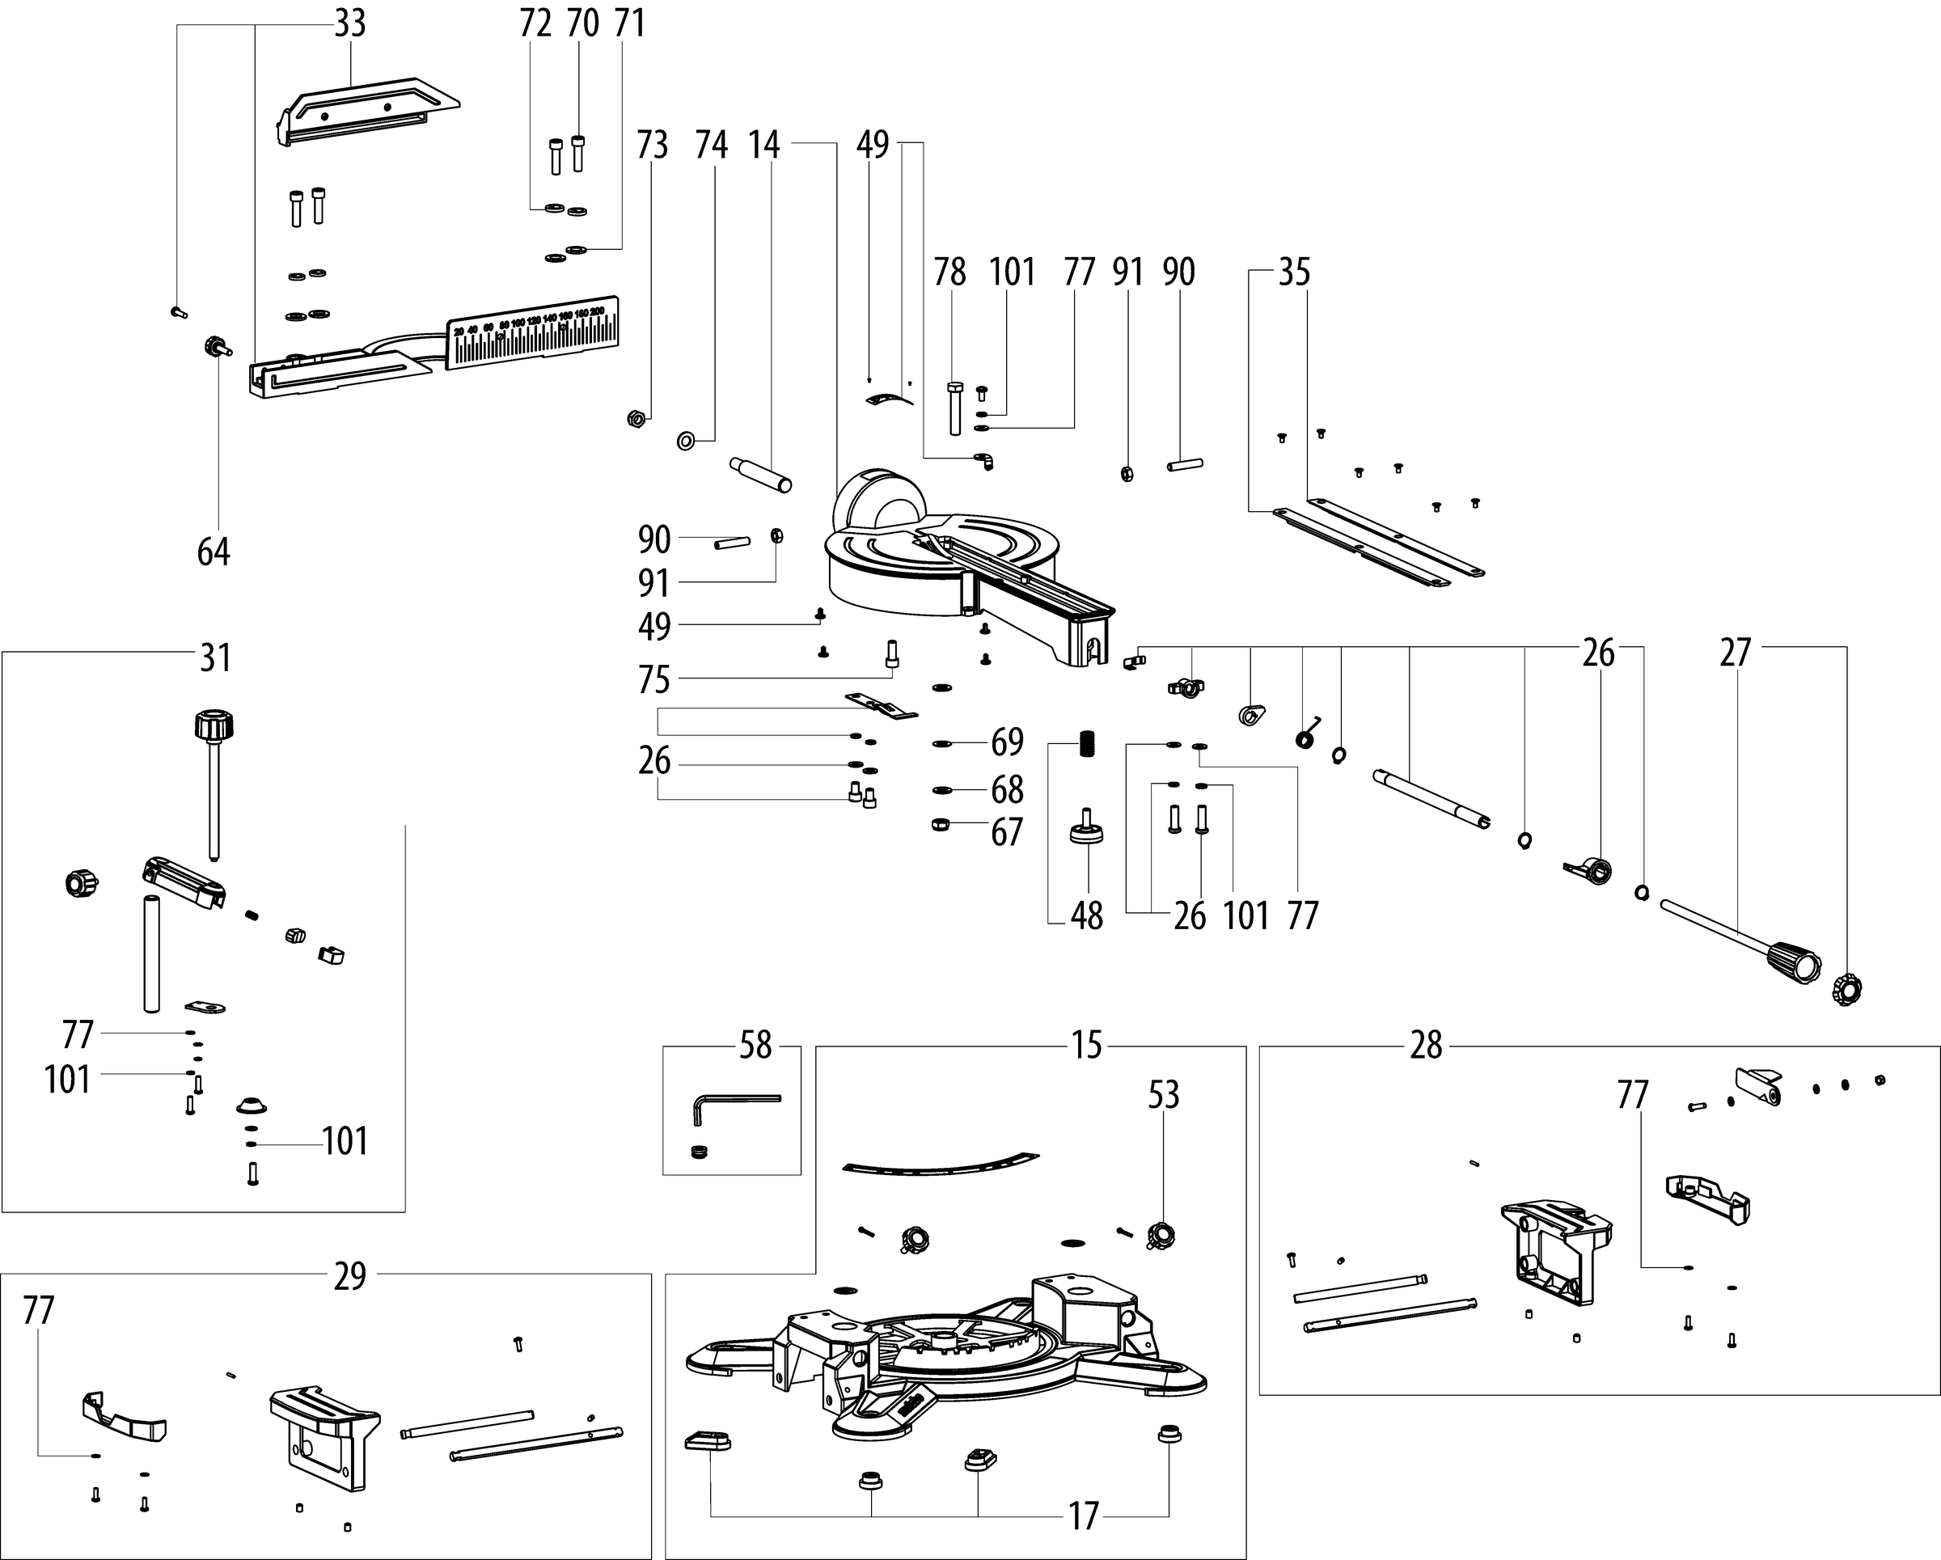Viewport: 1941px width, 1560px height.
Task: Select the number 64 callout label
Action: pyautogui.click(x=214, y=552)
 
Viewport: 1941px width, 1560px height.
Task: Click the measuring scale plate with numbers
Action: pyautogui.click(x=531, y=332)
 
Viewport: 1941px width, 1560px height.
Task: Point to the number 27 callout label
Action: pyautogui.click(x=1735, y=653)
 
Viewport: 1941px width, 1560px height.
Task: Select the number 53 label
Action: pyautogui.click(x=1163, y=1095)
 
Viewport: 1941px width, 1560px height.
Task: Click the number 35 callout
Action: pyautogui.click(x=1294, y=272)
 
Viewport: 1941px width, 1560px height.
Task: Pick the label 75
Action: pyautogui.click(x=654, y=681)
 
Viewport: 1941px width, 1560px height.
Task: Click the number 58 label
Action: pyautogui.click(x=755, y=1045)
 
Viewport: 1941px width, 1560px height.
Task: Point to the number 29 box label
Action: pyautogui.click(x=350, y=1275)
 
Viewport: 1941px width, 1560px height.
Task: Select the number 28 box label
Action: pyautogui.click(x=1426, y=1046)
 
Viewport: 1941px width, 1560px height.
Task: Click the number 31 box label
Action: pyautogui.click(x=215, y=658)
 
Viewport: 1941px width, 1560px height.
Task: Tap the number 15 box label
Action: pyautogui.click(x=1087, y=1045)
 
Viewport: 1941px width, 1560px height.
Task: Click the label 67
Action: pyautogui.click(x=1008, y=833)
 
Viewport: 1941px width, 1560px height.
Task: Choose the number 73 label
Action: pyautogui.click(x=653, y=145)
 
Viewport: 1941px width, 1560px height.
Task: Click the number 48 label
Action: pyautogui.click(x=1087, y=916)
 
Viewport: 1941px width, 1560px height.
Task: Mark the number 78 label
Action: pyautogui.click(x=949, y=272)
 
